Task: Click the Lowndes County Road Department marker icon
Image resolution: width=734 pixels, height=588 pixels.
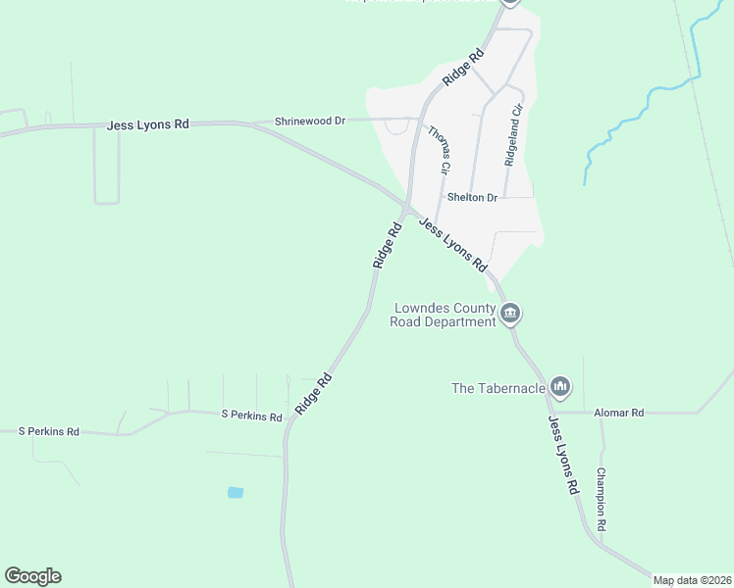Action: click(510, 314)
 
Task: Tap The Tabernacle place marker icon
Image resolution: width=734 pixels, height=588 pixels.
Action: click(560, 388)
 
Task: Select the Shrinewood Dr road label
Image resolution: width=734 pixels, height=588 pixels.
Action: click(310, 121)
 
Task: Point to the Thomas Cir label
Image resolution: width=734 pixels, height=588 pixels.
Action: click(439, 150)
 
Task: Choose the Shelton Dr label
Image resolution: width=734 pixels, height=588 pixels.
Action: click(473, 197)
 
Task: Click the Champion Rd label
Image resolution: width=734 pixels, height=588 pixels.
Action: click(602, 500)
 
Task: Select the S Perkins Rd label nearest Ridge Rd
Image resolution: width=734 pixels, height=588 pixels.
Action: click(251, 416)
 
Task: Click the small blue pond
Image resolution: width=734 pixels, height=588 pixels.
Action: click(236, 492)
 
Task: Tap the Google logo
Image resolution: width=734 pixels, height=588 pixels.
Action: click(32, 576)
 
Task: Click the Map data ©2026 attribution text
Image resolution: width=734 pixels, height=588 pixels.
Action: click(692, 580)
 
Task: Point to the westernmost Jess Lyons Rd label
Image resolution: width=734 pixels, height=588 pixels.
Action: click(148, 125)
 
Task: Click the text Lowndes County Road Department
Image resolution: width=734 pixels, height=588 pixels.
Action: click(444, 315)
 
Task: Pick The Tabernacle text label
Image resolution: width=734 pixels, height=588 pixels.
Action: click(498, 388)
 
